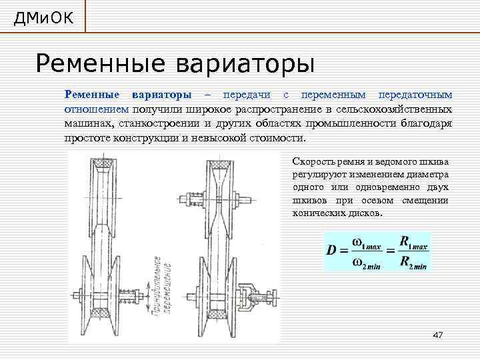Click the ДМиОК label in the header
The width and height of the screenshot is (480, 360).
tap(42, 17)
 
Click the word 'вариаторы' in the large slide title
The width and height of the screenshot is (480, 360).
tap(245, 64)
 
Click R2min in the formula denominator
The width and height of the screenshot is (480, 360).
tap(413, 263)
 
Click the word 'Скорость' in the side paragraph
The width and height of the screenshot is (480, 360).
tap(313, 162)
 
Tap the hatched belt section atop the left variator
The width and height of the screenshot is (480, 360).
tap(101, 163)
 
